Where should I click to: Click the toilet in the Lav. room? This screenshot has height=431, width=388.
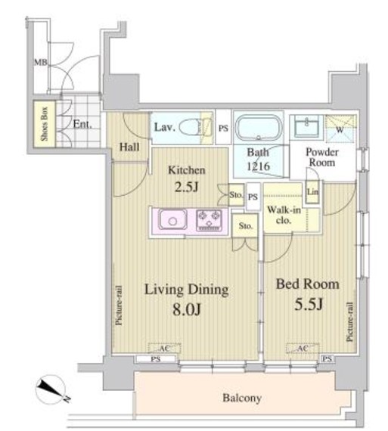click(x=194, y=127)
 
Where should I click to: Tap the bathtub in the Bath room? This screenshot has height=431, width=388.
click(x=258, y=128)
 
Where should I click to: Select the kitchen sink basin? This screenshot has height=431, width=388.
click(x=172, y=219)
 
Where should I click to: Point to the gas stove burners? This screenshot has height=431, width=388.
click(x=209, y=219)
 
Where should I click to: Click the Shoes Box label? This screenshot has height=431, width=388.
click(x=45, y=124)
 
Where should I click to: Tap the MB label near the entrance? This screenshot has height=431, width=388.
click(x=40, y=63)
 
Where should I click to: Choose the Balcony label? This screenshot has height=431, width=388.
click(x=242, y=398)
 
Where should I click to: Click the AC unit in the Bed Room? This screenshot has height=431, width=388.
click(x=303, y=348)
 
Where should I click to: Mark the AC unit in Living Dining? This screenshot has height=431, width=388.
click(x=164, y=348)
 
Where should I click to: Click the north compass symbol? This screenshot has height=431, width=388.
click(x=51, y=390)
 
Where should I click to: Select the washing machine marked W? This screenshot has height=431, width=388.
click(x=340, y=129)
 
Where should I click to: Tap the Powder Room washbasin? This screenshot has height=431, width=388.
click(x=306, y=126)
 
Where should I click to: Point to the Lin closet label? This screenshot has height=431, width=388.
click(x=313, y=191)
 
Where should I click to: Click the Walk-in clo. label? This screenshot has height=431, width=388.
click(x=284, y=215)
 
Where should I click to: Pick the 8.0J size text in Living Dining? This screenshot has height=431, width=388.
click(x=187, y=309)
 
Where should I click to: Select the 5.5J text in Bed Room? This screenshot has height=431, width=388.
click(x=309, y=304)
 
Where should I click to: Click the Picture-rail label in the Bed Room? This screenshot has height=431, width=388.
click(x=349, y=322)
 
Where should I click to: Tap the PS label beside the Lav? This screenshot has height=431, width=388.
click(x=223, y=128)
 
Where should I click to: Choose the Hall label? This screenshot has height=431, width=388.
click(x=129, y=147)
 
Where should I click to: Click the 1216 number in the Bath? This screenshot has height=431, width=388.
click(x=258, y=166)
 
